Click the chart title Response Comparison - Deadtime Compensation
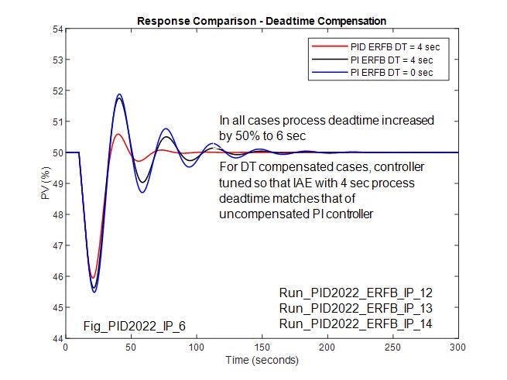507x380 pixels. (x=261, y=20)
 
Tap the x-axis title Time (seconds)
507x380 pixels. (x=261, y=361)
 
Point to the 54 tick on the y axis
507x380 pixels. (x=57, y=29)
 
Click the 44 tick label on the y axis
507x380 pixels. (x=57, y=339)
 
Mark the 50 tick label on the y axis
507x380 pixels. (x=57, y=153)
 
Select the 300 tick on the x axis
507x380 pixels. (x=458, y=348)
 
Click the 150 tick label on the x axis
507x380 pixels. (x=262, y=348)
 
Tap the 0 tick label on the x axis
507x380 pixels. (x=66, y=348)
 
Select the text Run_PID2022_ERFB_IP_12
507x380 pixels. (x=344, y=293)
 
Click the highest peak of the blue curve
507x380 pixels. (x=119, y=94)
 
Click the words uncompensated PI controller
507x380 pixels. (x=296, y=213)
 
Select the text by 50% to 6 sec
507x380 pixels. (x=263, y=135)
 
